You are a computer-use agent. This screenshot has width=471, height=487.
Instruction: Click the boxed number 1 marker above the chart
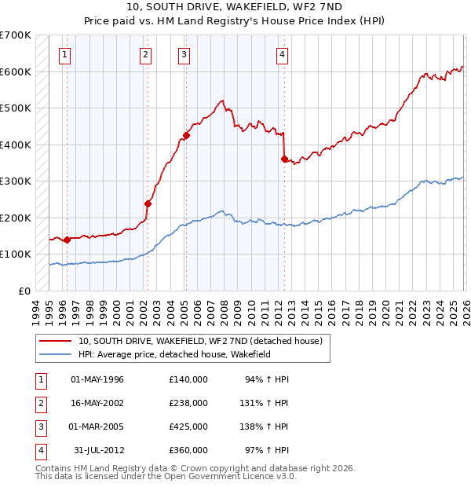[x=64, y=54]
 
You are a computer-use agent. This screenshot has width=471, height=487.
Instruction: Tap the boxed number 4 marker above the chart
[x=282, y=54]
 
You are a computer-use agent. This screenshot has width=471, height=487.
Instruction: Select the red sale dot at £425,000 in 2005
[x=186, y=136]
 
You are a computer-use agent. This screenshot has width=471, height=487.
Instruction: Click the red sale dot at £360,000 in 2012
[x=284, y=159]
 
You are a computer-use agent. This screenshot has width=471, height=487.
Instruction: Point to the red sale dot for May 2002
[x=148, y=203]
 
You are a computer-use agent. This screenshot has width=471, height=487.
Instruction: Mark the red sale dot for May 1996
[x=67, y=240]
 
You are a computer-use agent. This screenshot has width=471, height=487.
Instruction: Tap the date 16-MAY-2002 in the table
[x=97, y=403]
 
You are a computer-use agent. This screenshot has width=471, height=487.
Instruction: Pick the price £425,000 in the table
[x=188, y=427]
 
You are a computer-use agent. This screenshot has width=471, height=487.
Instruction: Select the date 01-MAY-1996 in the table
[x=97, y=379]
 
